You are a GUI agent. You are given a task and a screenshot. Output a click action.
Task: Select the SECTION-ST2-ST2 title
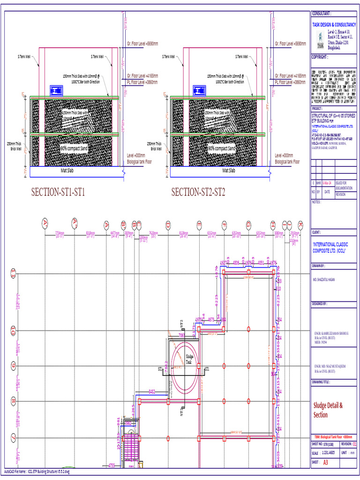point(198,192)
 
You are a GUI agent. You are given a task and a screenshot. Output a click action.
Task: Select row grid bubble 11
point(14,273)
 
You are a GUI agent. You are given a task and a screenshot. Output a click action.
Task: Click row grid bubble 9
point(14,366)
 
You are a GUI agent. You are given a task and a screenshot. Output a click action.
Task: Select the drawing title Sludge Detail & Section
point(328,410)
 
